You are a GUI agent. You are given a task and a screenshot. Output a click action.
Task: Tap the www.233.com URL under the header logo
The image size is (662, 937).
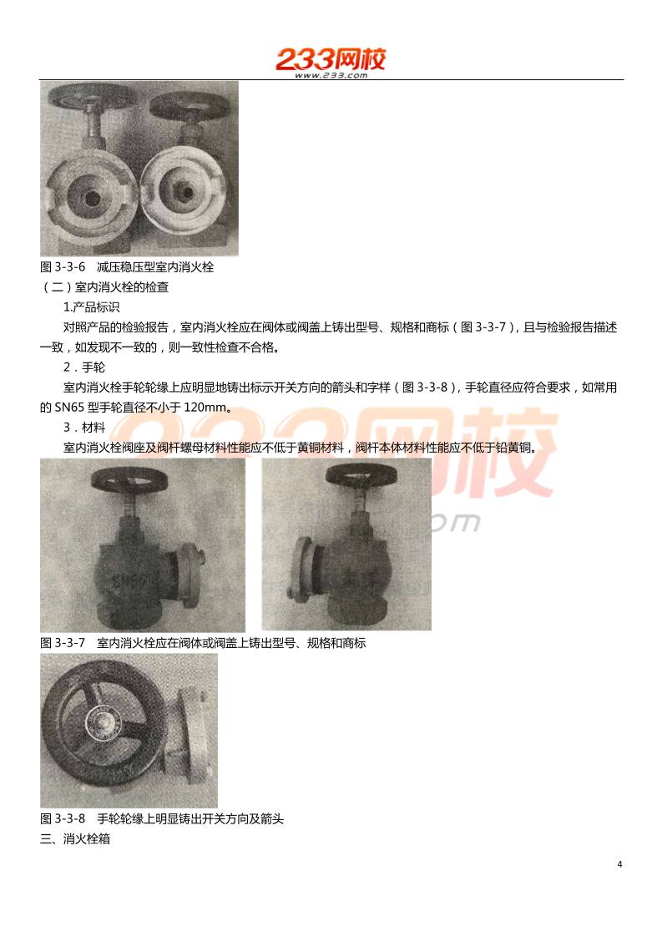pos(331,75)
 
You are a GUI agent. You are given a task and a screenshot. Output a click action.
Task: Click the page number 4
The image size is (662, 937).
pos(619,864)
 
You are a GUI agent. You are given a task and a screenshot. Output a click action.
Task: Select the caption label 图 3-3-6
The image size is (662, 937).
pos(63,267)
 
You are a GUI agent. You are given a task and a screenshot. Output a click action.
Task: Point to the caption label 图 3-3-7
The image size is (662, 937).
pos(63,643)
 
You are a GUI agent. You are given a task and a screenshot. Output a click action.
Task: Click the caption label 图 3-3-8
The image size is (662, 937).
pos(63,818)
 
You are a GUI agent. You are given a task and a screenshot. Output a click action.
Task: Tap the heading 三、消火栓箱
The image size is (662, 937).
pos(75,839)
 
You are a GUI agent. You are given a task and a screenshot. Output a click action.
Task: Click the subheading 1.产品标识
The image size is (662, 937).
pos(92,307)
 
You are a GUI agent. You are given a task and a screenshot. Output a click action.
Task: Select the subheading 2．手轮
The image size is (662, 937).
pos(84,367)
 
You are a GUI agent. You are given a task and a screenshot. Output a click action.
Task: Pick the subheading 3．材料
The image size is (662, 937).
pos(84,428)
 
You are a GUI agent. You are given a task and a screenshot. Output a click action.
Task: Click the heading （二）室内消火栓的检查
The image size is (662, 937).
pos(104,287)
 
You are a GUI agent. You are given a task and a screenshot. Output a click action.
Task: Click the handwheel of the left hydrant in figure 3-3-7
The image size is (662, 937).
pos(129,479)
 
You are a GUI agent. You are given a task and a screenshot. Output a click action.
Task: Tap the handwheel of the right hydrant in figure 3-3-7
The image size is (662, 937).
pos(361,475)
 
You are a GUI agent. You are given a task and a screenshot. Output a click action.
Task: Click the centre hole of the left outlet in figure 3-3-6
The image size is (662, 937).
pos(92,196)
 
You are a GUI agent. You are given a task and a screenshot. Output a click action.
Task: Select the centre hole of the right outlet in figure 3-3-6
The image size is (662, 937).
pos(185,191)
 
